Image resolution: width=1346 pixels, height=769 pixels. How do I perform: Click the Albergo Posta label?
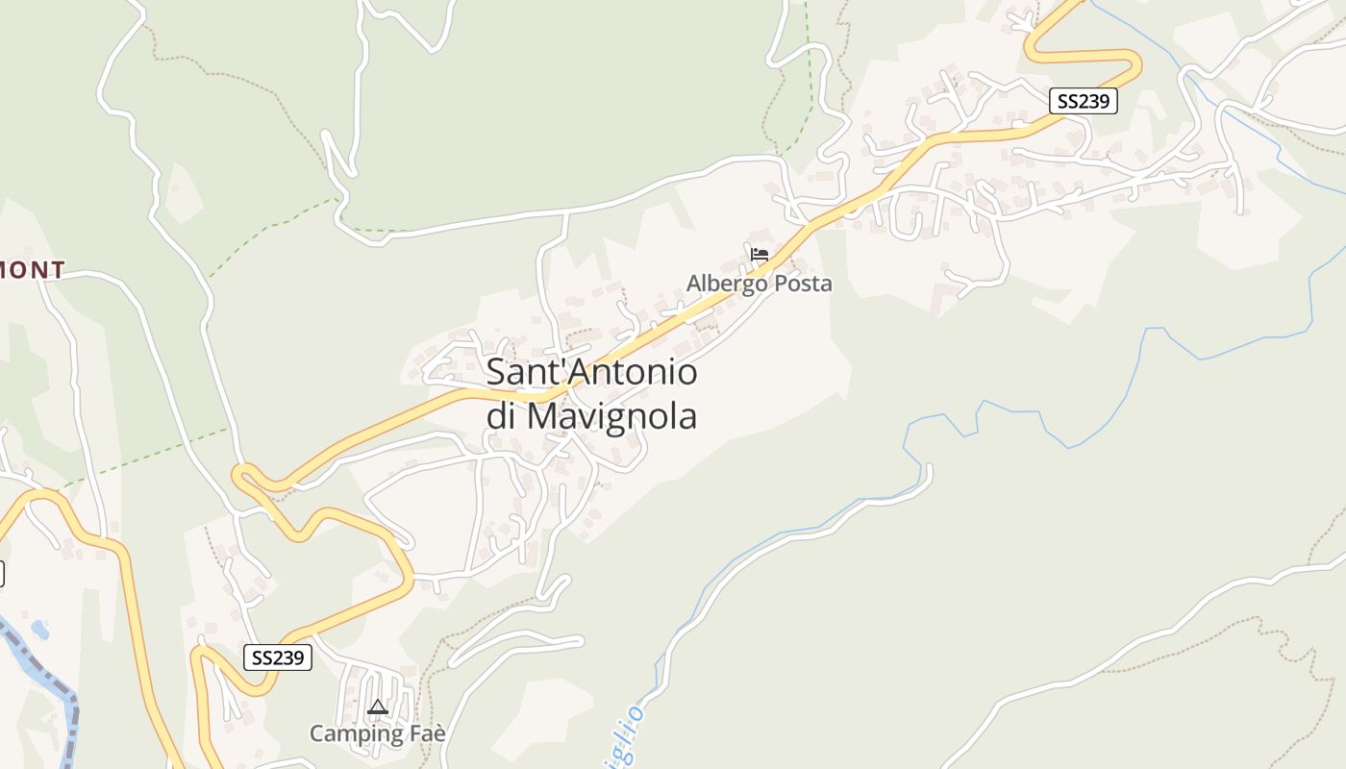(759, 284)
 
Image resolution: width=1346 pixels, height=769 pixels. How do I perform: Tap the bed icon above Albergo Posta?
(760, 255)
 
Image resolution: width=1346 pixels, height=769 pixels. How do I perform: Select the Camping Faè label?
(378, 733)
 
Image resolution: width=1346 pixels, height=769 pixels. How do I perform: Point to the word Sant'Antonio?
(591, 372)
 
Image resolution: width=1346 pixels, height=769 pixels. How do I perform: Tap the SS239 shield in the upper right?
(1083, 101)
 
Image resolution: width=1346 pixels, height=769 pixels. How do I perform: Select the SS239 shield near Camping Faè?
(278, 657)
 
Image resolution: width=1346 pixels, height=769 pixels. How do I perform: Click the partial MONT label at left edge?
(33, 270)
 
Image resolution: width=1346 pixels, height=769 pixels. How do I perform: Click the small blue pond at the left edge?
(39, 630)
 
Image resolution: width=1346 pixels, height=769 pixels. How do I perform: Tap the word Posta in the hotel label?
(804, 284)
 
